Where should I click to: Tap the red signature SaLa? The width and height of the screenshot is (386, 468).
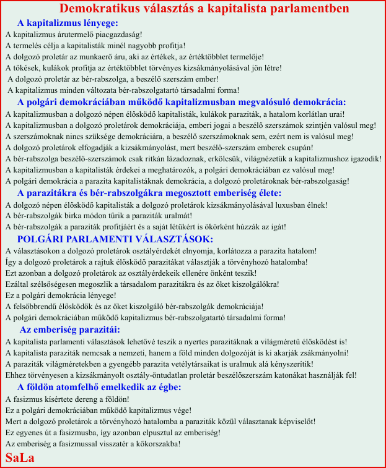(x=19, y=457)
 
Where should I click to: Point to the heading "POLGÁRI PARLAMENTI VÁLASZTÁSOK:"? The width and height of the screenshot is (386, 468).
(x=115, y=239)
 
